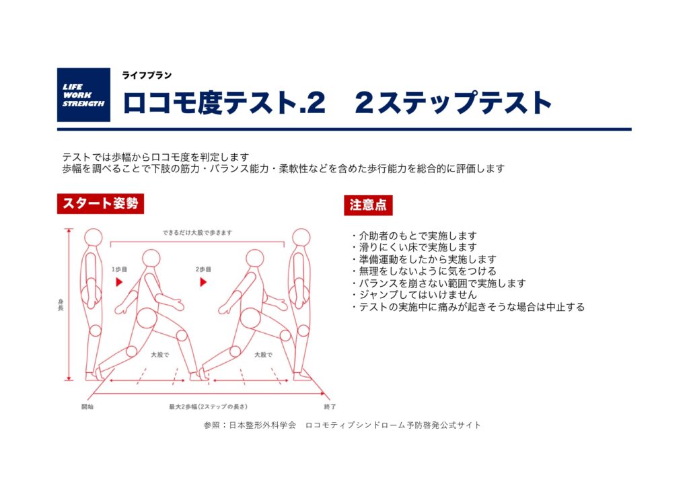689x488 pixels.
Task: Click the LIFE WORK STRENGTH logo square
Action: click(x=83, y=94)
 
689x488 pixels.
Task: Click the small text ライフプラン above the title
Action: click(x=147, y=75)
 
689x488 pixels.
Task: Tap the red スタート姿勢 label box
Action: click(x=101, y=203)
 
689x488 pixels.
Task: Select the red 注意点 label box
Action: click(x=368, y=205)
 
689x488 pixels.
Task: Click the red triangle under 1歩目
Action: click(x=119, y=282)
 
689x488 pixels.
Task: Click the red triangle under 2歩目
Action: click(x=203, y=282)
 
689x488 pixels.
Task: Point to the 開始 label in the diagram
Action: click(x=87, y=407)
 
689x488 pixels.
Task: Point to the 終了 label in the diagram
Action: click(x=330, y=407)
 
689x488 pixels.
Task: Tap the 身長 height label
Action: click(x=61, y=305)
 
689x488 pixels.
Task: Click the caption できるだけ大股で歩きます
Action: click(x=197, y=233)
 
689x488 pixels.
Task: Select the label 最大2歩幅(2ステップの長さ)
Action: click(x=209, y=407)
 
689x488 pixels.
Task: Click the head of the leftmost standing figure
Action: click(x=93, y=238)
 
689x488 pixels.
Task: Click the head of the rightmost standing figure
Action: click(x=301, y=238)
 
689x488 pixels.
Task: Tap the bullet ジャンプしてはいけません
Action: click(x=414, y=295)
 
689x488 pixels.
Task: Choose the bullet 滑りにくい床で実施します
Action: click(x=414, y=247)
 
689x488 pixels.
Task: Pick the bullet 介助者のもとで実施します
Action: click(x=414, y=235)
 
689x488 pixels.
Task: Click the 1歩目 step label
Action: click(x=119, y=269)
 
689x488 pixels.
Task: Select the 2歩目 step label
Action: click(x=203, y=269)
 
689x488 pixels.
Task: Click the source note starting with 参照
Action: click(x=342, y=425)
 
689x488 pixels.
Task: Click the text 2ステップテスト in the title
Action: click(x=454, y=103)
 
